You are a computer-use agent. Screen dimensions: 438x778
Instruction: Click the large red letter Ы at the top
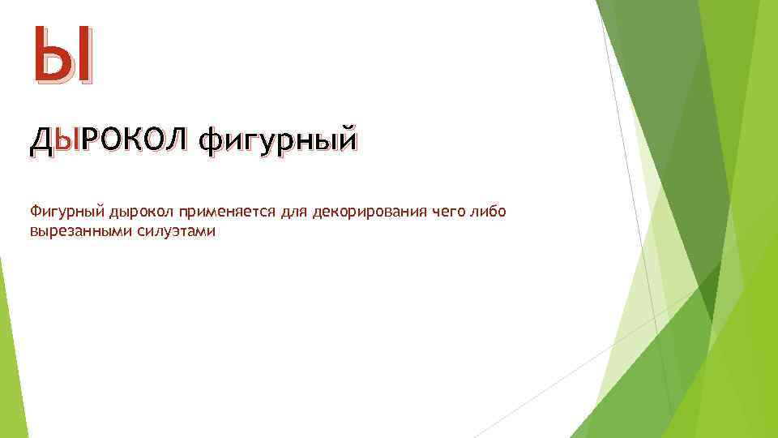point(63,56)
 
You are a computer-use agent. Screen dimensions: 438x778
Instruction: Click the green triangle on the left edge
point(10,349)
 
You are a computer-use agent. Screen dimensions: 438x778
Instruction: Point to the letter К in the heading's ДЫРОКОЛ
point(132,140)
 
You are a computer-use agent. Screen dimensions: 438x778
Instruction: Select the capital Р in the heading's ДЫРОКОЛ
point(92,140)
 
